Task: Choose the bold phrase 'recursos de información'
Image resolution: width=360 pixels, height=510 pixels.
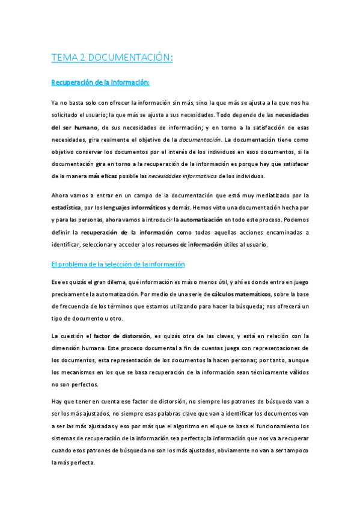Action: coord(189,244)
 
